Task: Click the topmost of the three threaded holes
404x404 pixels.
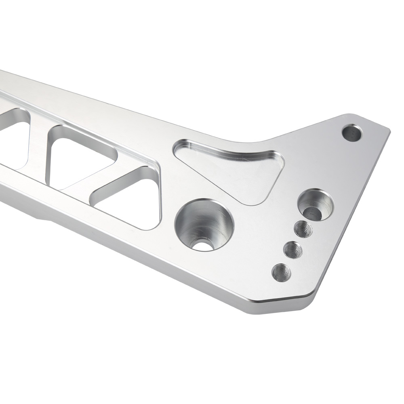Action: (303, 230)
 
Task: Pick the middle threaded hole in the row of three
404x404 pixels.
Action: (293, 250)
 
